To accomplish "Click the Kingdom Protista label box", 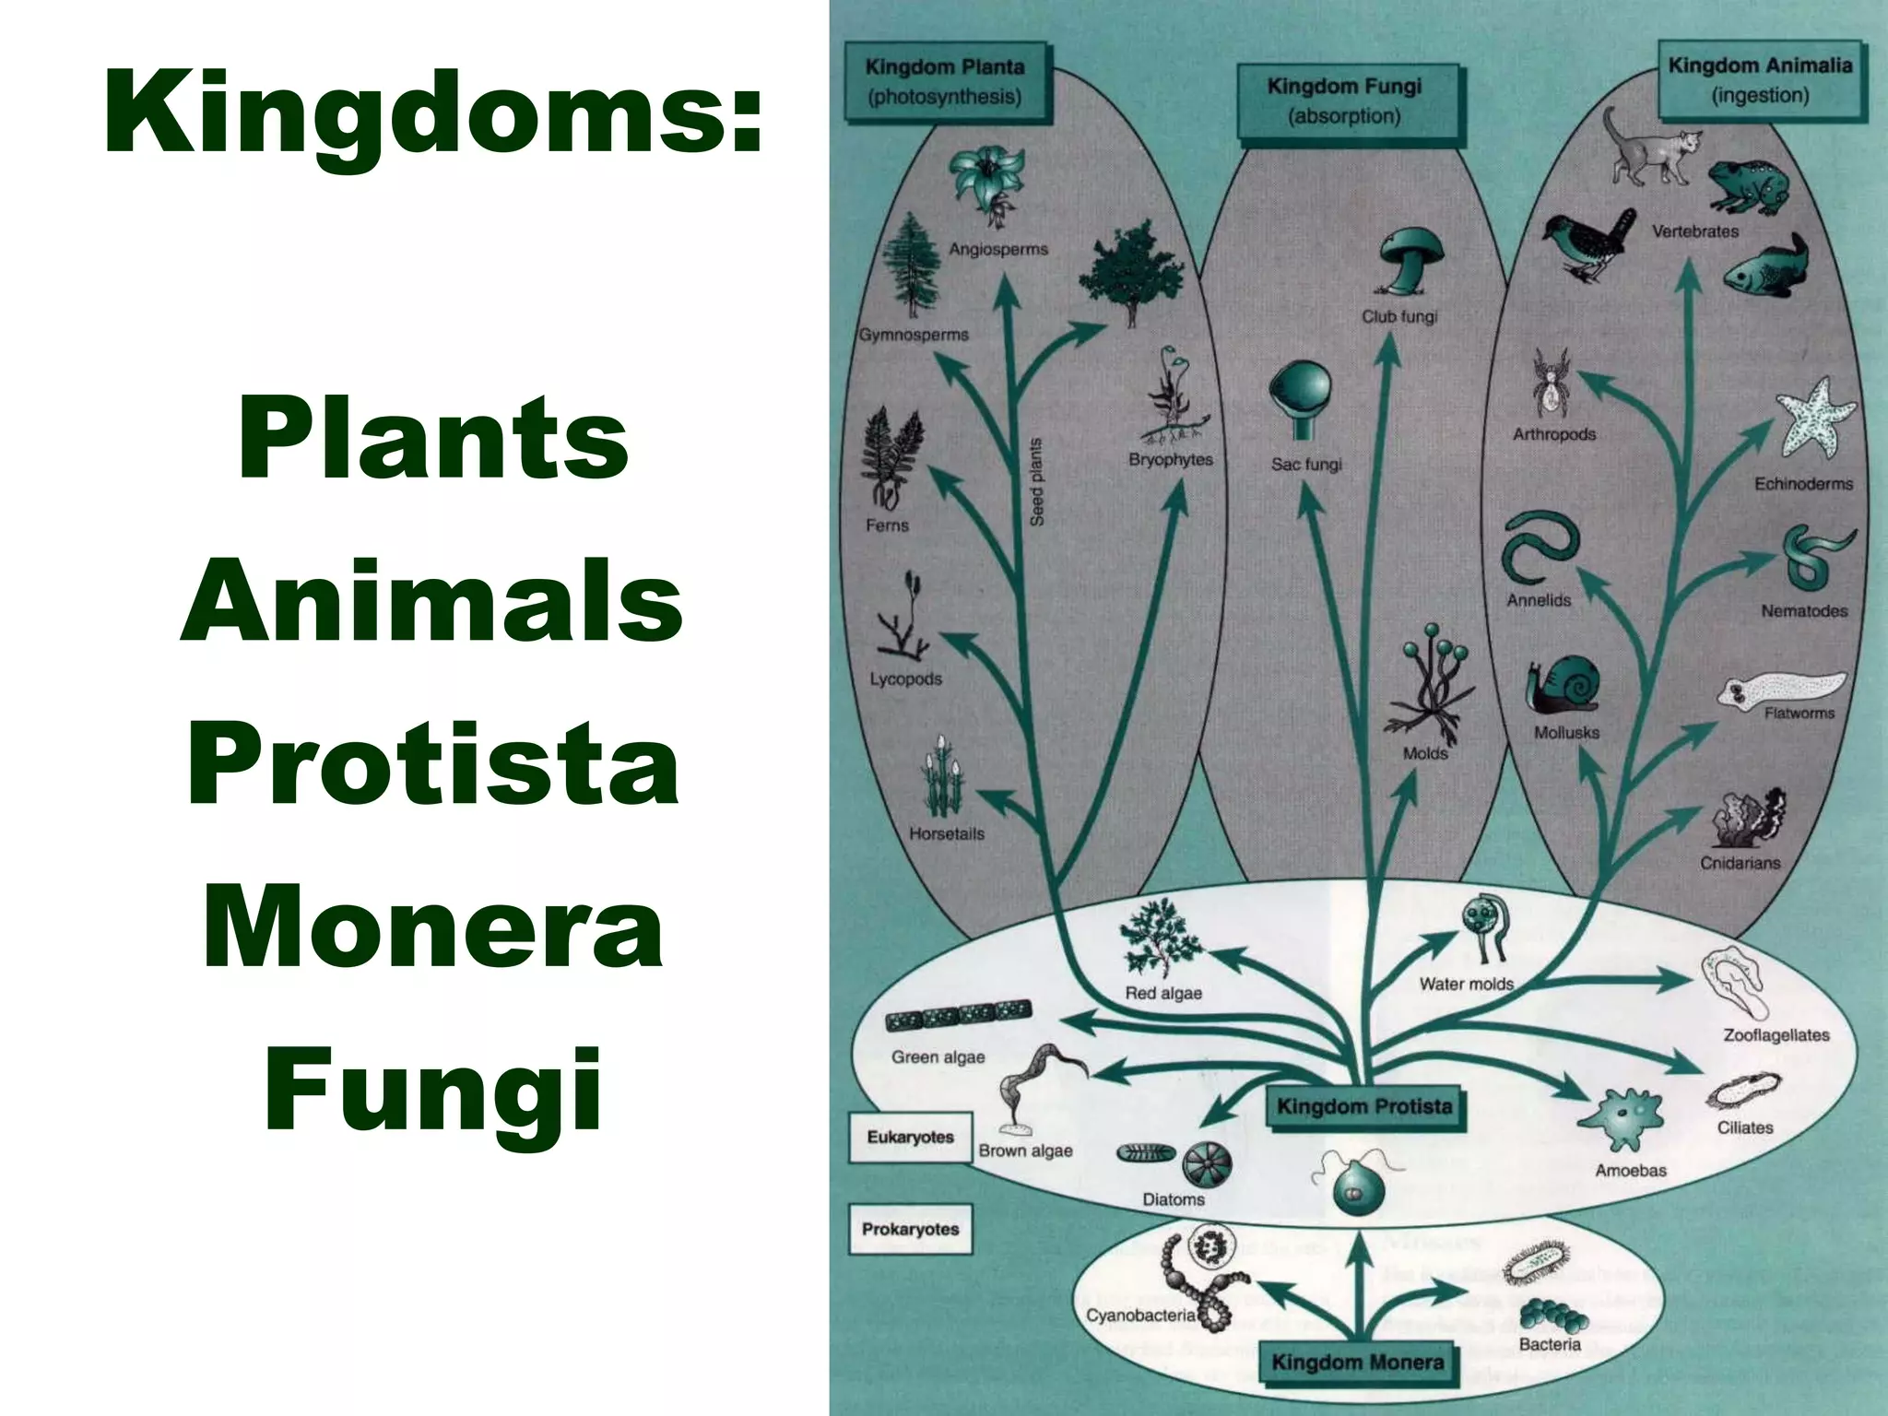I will point(1364,1106).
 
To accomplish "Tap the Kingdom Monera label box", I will point(1357,1363).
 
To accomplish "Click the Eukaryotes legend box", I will point(910,1137).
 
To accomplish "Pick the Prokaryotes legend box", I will point(910,1229).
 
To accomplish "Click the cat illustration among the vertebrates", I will point(1650,149).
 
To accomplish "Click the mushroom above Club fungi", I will point(1409,260).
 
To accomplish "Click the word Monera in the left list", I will point(433,926).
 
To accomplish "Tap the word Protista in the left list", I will point(433,765).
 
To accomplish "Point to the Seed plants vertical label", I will point(1036,482).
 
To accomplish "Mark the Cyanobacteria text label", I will point(1139,1316).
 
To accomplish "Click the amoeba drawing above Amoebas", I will point(1621,1118).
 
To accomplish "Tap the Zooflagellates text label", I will point(1776,1035).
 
